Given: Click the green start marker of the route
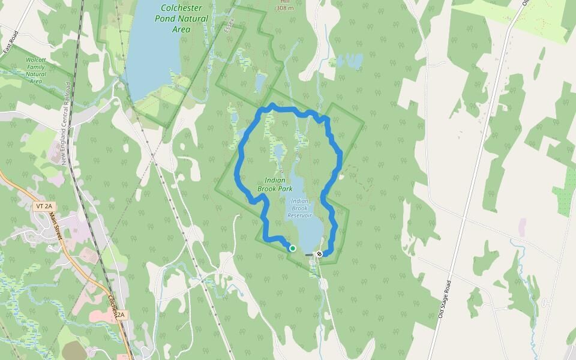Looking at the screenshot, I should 293,248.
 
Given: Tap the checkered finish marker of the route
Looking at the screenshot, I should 320,254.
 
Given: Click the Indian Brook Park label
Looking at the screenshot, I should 275,184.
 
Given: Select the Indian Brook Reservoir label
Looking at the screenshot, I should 299,208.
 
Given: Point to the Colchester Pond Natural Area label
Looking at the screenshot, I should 182,19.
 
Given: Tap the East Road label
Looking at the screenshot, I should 11,43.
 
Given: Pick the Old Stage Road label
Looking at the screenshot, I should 445,298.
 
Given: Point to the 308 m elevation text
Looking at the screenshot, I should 285,8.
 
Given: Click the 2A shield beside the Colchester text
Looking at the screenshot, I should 121,314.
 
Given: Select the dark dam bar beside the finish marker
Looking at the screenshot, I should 309,255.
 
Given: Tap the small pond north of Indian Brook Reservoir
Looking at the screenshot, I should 279,152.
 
